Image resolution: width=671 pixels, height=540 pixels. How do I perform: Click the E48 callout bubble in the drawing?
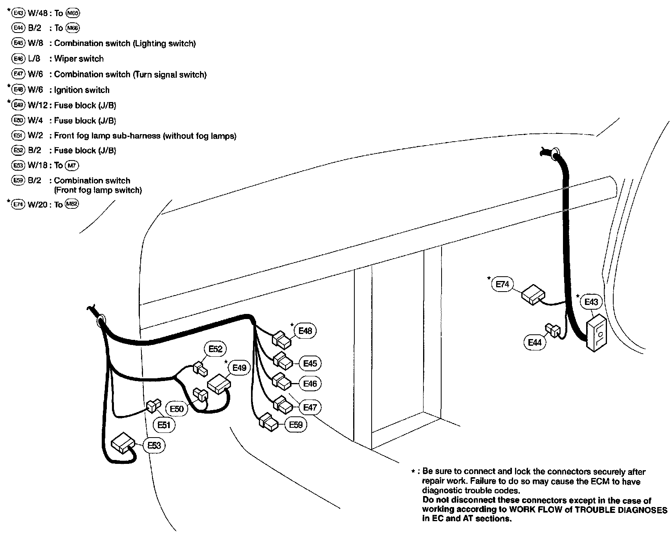pos(305,331)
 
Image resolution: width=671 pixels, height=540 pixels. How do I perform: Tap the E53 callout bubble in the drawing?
pos(154,445)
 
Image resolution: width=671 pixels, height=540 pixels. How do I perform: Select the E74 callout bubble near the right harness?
pos(502,284)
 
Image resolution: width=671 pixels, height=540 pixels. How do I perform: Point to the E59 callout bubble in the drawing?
pos(295,425)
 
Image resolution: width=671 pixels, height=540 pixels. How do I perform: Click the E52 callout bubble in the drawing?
pos(215,349)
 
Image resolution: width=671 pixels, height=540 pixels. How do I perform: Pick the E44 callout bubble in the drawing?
pos(535,342)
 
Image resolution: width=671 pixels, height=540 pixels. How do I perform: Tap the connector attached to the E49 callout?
pos(218,384)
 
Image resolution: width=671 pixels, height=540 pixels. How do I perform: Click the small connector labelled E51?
pos(153,407)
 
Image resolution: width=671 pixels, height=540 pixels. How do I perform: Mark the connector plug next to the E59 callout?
pos(268,422)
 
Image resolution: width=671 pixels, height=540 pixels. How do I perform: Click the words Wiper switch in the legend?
pos(79,59)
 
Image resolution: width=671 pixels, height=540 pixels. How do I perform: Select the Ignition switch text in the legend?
pos(82,90)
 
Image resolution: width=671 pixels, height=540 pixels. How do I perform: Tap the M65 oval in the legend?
pos(73,13)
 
